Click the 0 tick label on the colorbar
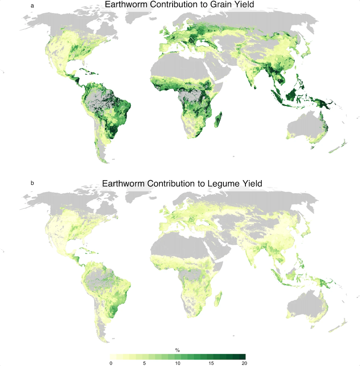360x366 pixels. pyautogui.click(x=111, y=363)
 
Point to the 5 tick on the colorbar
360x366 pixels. pyautogui.click(x=144, y=363)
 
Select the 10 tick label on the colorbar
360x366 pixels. pyautogui.click(x=178, y=363)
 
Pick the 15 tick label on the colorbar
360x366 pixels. pyautogui.click(x=211, y=363)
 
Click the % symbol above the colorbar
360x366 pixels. pyautogui.click(x=178, y=350)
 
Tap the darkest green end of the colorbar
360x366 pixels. pyautogui.click(x=243, y=357)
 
